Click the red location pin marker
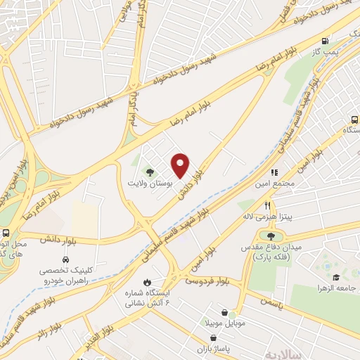click(181, 165)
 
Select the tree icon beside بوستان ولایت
click(149, 171)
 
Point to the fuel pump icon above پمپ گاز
click(324, 41)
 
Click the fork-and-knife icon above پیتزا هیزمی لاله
click(267, 205)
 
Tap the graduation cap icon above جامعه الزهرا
click(335, 278)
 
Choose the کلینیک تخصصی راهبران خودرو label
click(69, 272)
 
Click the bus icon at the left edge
click(6, 233)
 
